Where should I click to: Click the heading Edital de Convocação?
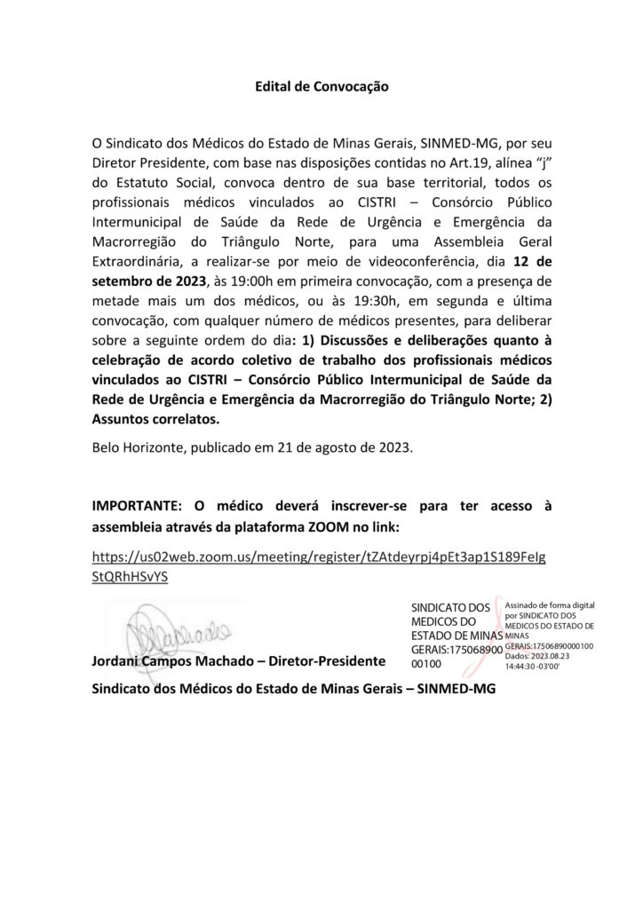[x=321, y=87]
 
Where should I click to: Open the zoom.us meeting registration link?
[x=320, y=565]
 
